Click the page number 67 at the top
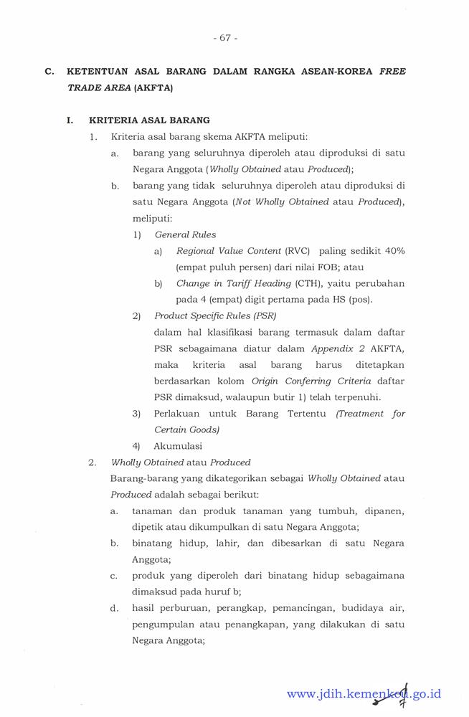pyautogui.click(x=225, y=38)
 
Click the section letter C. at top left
pyautogui.click(x=49, y=72)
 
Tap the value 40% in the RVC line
pyautogui.click(x=394, y=251)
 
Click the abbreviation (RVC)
pyautogui.click(x=298, y=251)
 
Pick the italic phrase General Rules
pyautogui.click(x=185, y=234)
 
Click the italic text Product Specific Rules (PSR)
pyautogui.click(x=215, y=315)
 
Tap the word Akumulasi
pyautogui.click(x=178, y=446)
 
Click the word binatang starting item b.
pyautogui.click(x=155, y=543)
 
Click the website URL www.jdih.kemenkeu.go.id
pyautogui.click(x=364, y=693)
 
